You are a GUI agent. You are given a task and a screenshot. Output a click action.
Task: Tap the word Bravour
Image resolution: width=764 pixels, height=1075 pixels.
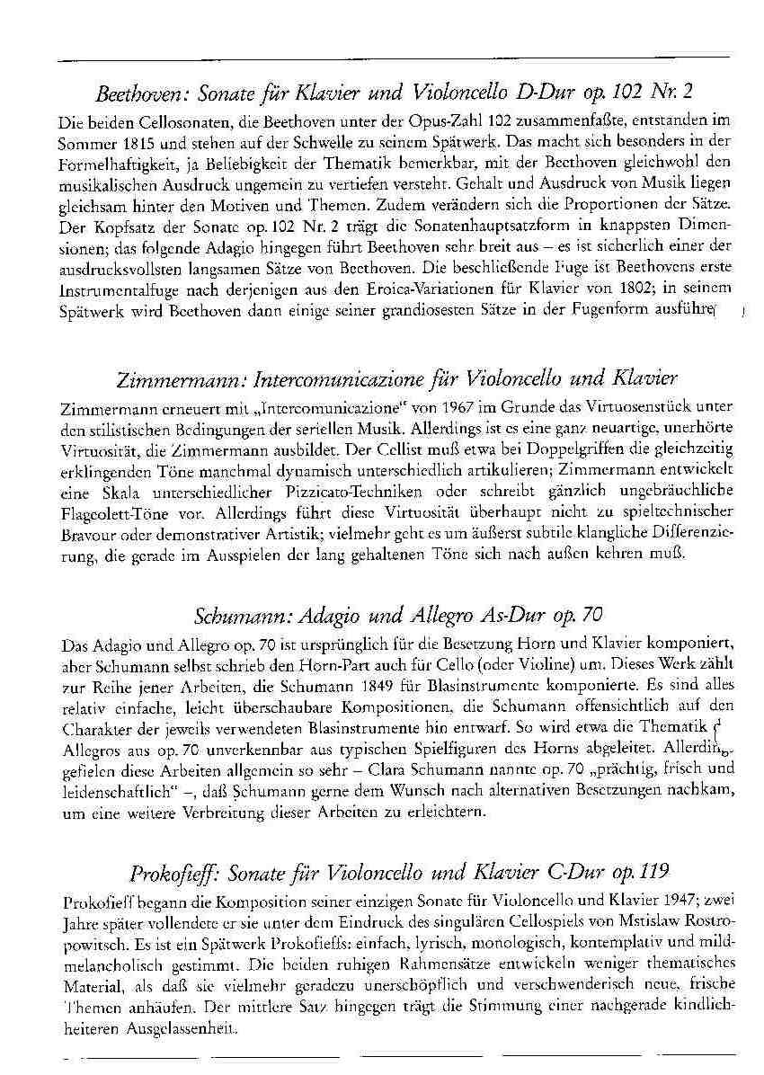click(83, 536)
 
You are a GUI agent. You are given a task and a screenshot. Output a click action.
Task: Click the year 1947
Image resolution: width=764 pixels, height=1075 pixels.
click(662, 902)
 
